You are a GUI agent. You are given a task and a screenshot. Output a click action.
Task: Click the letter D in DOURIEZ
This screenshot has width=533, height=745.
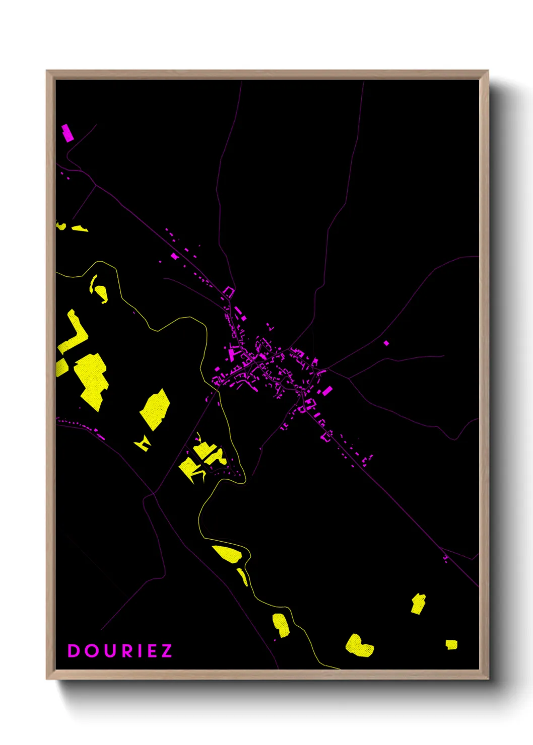tap(74, 651)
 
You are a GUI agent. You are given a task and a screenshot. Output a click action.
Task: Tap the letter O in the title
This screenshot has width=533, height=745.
tap(92, 651)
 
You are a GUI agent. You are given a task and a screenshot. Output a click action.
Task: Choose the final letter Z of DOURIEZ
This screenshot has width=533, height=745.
tap(167, 651)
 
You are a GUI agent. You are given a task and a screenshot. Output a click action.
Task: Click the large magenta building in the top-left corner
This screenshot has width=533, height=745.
tap(67, 133)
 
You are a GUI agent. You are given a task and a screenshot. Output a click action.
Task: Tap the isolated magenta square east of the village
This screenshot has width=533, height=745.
tap(386, 343)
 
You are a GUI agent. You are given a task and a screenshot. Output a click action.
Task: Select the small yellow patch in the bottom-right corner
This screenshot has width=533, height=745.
tap(451, 644)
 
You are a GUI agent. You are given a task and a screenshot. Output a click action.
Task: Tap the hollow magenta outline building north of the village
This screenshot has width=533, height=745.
tap(229, 291)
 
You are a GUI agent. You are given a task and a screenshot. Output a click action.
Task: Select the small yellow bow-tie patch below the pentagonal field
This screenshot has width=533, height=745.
tap(143, 443)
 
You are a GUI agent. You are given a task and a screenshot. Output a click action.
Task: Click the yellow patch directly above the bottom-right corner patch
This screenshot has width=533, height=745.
tap(418, 604)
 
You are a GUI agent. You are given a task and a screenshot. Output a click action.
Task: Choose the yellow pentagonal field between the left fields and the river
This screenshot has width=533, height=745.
tap(155, 409)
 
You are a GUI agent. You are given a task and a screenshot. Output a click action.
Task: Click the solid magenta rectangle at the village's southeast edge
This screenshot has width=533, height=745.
tap(327, 391)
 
